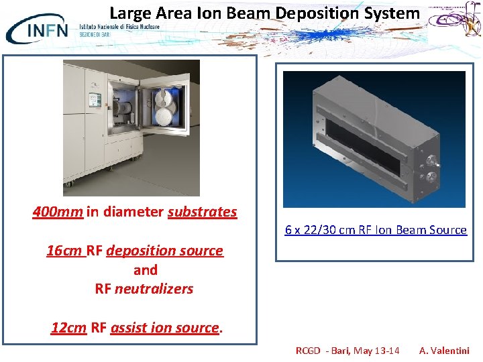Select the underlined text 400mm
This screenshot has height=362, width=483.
click(x=58, y=212)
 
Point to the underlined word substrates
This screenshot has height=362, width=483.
click(x=202, y=212)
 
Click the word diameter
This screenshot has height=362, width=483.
click(x=132, y=212)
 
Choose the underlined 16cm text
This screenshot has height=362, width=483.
click(x=65, y=251)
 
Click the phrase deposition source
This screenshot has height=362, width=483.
click(x=164, y=251)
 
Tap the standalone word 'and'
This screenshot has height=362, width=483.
click(x=145, y=269)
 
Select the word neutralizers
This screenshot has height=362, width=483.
click(x=154, y=289)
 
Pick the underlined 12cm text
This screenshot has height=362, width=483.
click(x=68, y=328)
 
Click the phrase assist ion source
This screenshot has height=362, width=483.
click(x=164, y=328)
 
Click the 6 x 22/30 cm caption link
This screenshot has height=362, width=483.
click(x=375, y=230)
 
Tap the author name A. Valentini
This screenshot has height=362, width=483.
click(x=444, y=351)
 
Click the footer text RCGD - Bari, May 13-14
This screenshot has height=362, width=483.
click(x=347, y=351)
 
